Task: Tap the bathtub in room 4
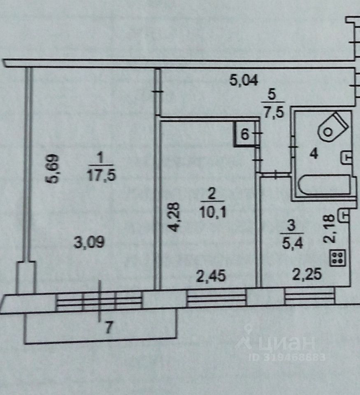tap(324, 185)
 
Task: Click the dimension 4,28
tap(174, 216)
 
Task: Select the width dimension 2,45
tap(210, 276)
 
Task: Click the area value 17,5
tap(101, 176)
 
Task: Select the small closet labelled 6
tap(244, 134)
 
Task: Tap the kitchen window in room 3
tap(309, 296)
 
